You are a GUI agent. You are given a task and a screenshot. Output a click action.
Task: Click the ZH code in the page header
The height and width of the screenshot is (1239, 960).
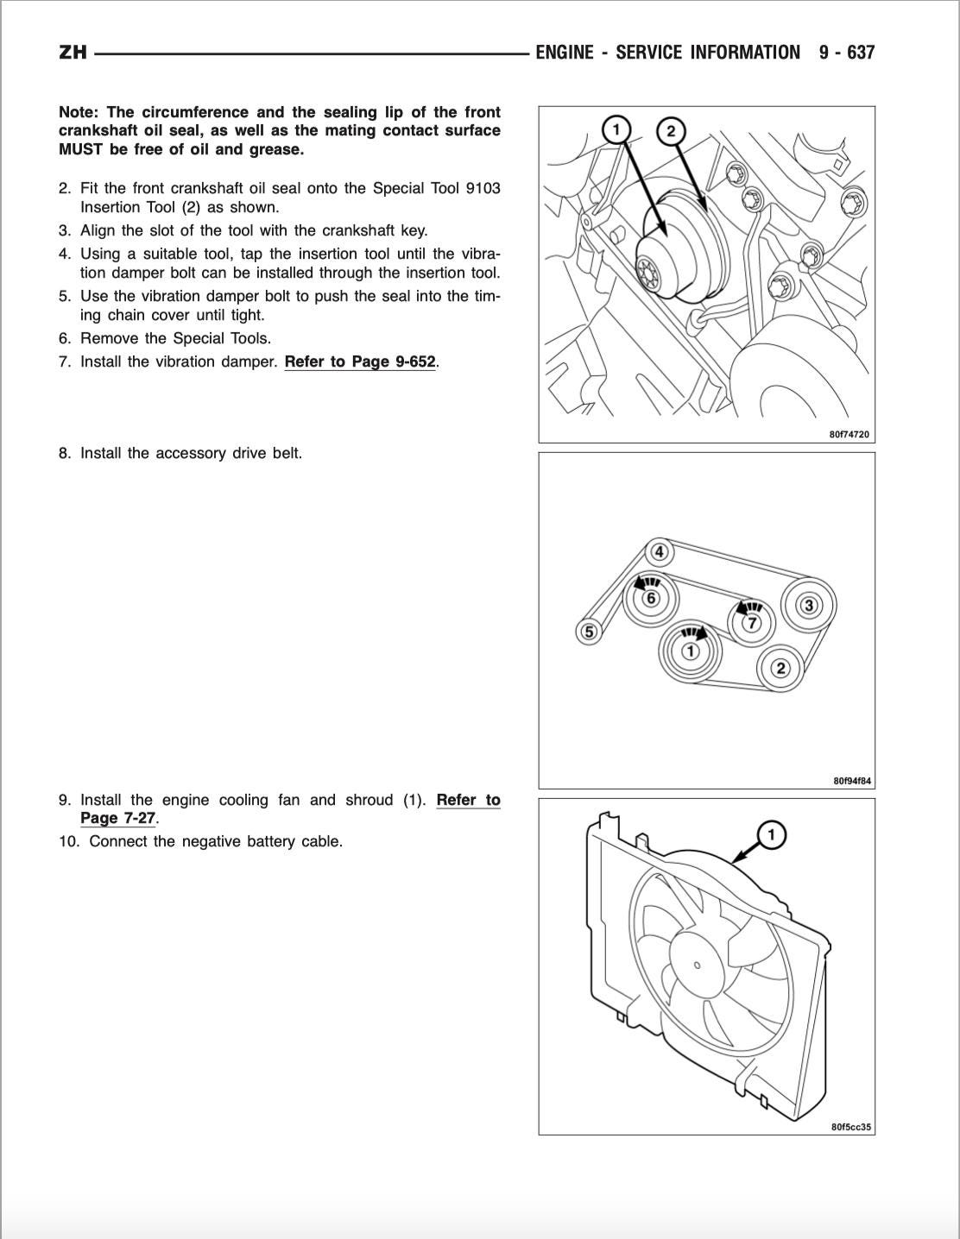point(73,53)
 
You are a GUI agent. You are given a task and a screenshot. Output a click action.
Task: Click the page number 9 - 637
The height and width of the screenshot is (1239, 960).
point(847,53)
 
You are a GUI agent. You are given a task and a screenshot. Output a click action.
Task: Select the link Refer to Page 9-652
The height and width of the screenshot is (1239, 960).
point(360,362)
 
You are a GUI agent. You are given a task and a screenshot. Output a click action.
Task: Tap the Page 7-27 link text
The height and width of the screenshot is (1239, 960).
point(117,818)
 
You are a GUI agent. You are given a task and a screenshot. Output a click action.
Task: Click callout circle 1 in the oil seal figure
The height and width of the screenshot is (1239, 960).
point(616,130)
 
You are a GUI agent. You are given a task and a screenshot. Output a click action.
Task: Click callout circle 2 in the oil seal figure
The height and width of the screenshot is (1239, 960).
point(671,132)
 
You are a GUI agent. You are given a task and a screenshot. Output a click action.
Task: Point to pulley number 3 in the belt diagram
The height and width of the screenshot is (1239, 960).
point(809,605)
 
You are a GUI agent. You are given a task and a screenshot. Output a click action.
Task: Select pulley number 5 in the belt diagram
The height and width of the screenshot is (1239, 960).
point(589,632)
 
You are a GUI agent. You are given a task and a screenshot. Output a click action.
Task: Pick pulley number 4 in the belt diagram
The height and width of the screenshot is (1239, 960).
point(660,551)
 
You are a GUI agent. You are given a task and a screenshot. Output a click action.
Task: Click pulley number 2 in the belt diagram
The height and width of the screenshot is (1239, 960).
point(780,668)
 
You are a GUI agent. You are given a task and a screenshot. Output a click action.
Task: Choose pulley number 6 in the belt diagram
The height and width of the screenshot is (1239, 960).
point(651,598)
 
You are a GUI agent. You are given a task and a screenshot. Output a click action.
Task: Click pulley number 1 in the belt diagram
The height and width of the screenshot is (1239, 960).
point(690,651)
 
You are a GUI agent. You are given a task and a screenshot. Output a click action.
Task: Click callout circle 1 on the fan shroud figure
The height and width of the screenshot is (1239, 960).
point(770,834)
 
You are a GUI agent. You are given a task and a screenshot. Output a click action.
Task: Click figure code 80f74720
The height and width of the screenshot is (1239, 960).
point(849,435)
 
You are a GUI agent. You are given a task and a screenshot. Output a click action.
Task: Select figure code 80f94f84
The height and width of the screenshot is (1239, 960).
point(852,781)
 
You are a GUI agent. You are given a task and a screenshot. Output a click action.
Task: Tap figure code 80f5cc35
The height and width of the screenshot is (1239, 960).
point(851,1127)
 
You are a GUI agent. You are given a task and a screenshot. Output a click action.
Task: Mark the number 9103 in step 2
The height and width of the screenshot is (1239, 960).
point(483,188)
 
